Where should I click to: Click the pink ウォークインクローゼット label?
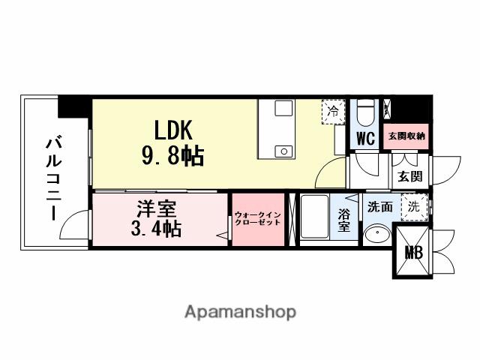click(x=257, y=218)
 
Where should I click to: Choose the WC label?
click(x=365, y=139)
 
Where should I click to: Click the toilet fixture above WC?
click(x=366, y=113)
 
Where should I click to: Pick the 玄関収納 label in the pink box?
click(x=406, y=136)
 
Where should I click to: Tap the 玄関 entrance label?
click(x=409, y=177)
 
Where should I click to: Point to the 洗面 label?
click(x=379, y=206)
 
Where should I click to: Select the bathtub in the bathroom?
click(x=316, y=218)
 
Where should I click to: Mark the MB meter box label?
click(x=414, y=253)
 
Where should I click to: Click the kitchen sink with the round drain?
click(x=284, y=149)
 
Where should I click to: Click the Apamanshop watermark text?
click(x=240, y=311)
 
